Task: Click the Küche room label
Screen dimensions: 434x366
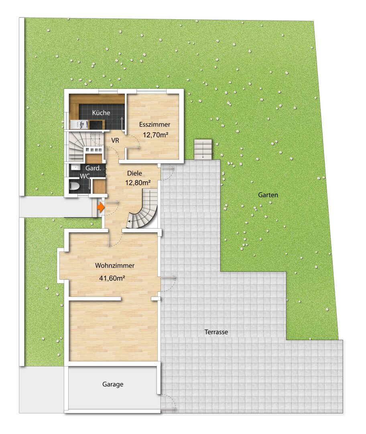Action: tap(101, 113)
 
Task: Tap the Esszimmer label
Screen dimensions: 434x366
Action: tap(155, 125)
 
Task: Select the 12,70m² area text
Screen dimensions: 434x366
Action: tap(155, 135)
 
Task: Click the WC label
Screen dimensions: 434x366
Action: tap(84, 176)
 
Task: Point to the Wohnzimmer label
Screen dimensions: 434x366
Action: tap(114, 266)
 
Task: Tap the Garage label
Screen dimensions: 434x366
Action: tap(112, 384)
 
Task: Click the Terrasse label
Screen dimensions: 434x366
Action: tap(216, 332)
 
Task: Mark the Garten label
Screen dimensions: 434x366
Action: tap(268, 194)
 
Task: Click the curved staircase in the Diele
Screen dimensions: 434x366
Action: tap(144, 211)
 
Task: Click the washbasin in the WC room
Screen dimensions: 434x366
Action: tap(75, 167)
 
